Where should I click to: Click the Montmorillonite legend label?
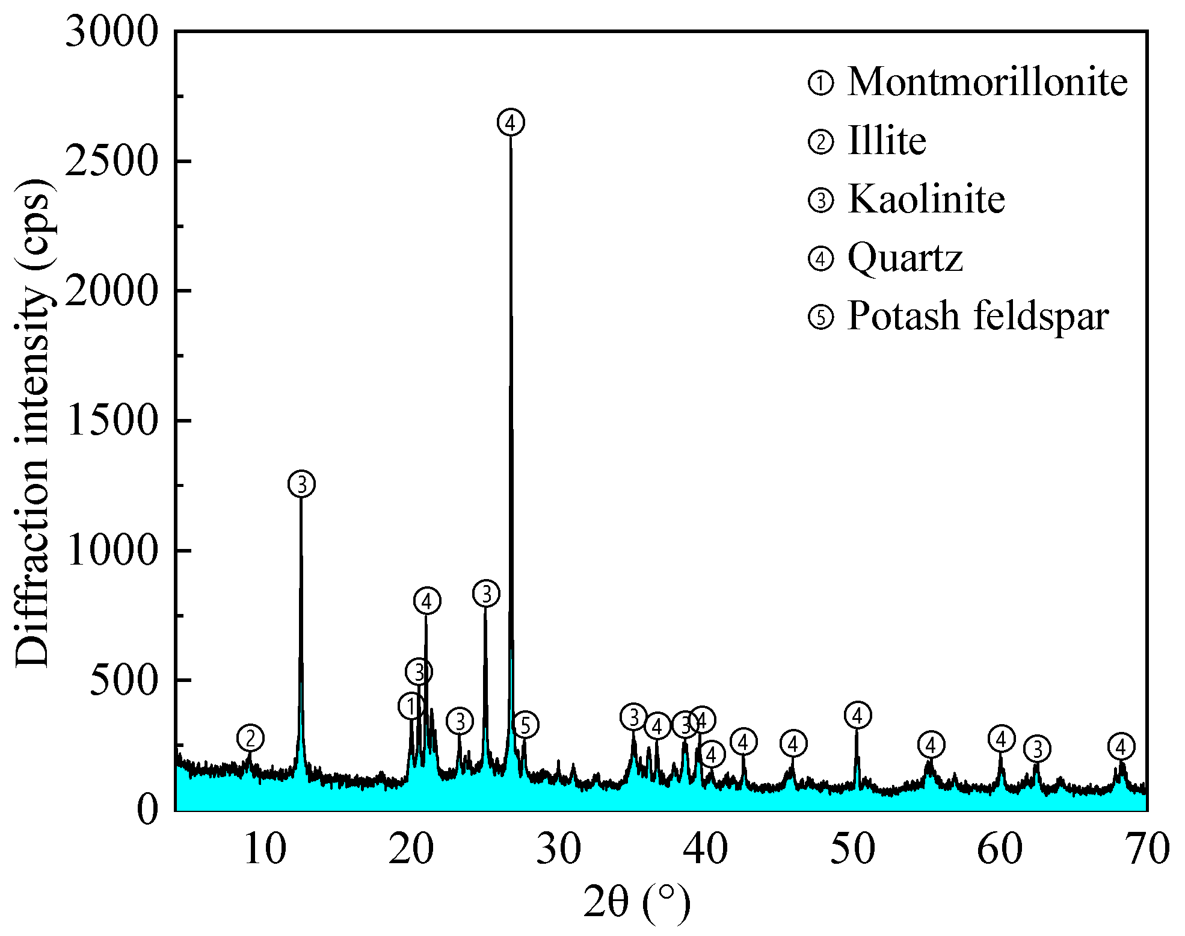(x=987, y=82)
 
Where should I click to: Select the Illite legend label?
(x=887, y=141)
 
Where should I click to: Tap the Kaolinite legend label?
(x=926, y=199)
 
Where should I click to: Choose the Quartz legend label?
(x=905, y=258)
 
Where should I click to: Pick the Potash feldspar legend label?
(x=977, y=316)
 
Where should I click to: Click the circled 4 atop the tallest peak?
(x=511, y=123)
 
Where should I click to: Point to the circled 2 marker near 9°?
(x=251, y=737)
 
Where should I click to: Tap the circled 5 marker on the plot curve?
(x=525, y=725)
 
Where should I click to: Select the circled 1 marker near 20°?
(x=411, y=706)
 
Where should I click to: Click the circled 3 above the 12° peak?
(x=302, y=484)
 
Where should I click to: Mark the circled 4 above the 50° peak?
(x=858, y=715)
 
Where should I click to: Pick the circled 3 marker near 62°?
(x=1037, y=749)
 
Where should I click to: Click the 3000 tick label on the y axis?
(x=111, y=31)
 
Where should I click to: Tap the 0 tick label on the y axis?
(x=147, y=810)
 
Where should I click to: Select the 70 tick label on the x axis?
(x=1147, y=849)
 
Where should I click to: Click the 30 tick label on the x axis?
(x=558, y=849)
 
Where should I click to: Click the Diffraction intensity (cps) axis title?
(x=33, y=421)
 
